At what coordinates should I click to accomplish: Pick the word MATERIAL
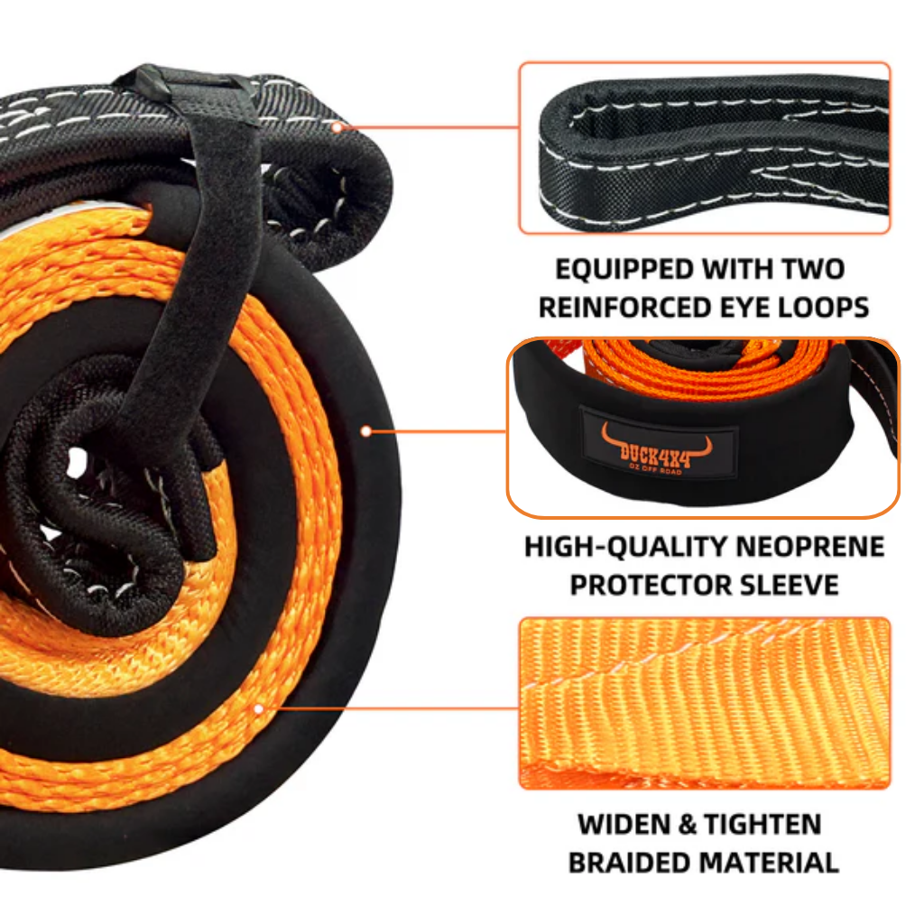(x=770, y=862)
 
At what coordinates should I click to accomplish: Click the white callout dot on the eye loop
(x=337, y=127)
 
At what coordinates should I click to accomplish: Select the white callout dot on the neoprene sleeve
(x=365, y=431)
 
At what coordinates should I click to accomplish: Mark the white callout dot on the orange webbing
(x=259, y=709)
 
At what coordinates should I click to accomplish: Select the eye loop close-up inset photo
(x=704, y=148)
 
